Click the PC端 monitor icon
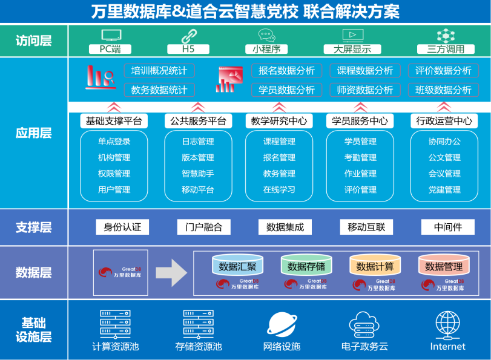pyautogui.click(x=110, y=35)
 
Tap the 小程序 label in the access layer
pyautogui.click(x=266, y=49)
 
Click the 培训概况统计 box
pyautogui.click(x=159, y=71)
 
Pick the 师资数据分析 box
pyautogui.click(x=365, y=90)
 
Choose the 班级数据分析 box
pyautogui.click(x=443, y=90)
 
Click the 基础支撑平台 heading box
pyautogui.click(x=114, y=121)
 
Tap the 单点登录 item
pyautogui.click(x=114, y=142)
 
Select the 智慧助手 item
pyautogui.click(x=197, y=174)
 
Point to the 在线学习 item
pyautogui.click(x=279, y=189)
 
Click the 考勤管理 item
pyautogui.click(x=360, y=157)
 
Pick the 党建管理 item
pyautogui.click(x=444, y=189)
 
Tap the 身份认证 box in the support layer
pyautogui.click(x=122, y=227)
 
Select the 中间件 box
pyautogui.click(x=448, y=227)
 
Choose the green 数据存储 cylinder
pyautogui.click(x=306, y=266)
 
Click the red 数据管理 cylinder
pyautogui.click(x=444, y=266)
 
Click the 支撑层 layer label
pyautogui.click(x=34, y=227)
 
